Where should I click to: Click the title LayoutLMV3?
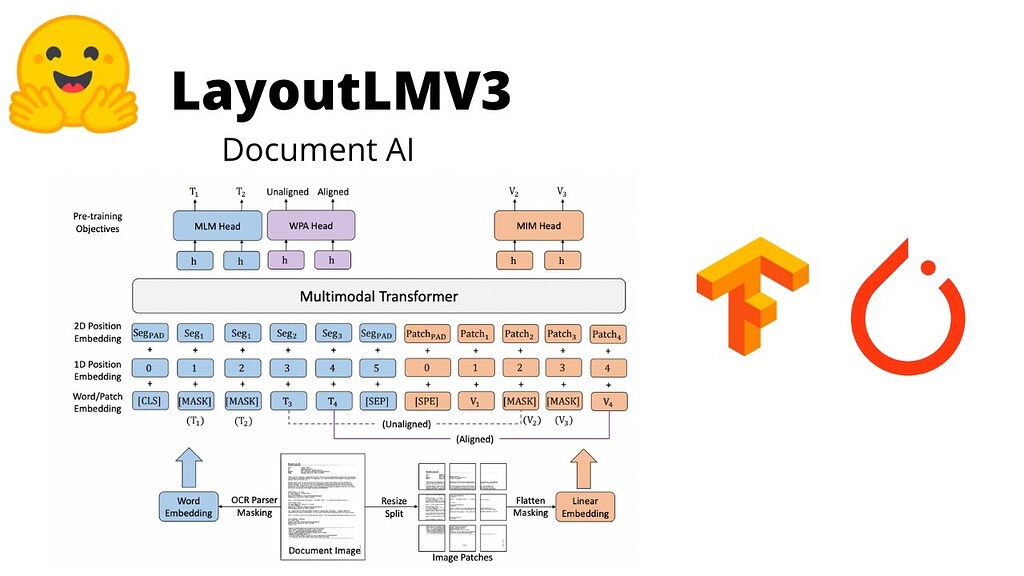(341, 93)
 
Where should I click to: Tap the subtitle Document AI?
(317, 149)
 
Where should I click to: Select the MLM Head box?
(217, 226)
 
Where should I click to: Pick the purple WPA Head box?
(309, 226)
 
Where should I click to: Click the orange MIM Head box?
(537, 226)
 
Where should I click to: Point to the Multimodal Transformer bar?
(379, 296)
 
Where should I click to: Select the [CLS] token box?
(148, 401)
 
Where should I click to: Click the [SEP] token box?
(379, 401)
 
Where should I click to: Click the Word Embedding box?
(188, 507)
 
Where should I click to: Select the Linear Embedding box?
(585, 507)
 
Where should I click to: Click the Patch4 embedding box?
(608, 334)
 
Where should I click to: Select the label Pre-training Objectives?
(96, 222)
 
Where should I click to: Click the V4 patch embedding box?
(608, 401)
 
